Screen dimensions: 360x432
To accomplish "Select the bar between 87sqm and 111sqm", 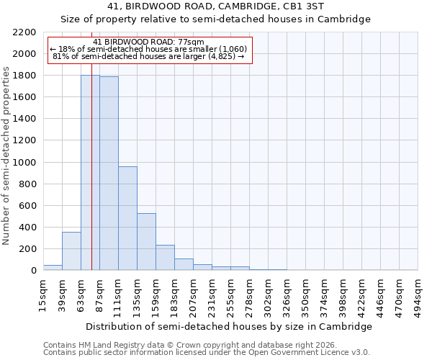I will [109, 174].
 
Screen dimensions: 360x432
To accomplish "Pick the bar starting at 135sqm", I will [146, 242].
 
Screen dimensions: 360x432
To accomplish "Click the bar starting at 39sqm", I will [71, 251].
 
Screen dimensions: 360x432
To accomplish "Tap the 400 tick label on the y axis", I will [29, 228].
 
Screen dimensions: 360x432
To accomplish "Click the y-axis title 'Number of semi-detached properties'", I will [7, 156].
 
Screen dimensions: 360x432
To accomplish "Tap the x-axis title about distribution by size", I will [230, 326].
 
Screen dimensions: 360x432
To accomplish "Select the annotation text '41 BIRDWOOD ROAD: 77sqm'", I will [149, 42].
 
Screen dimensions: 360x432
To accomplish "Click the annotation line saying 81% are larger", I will [149, 56].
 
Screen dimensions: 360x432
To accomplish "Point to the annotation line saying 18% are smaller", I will [149, 49].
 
